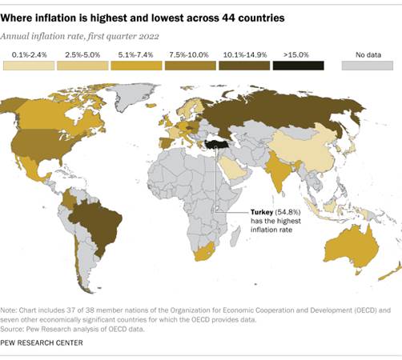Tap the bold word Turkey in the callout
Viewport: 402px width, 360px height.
(241, 211)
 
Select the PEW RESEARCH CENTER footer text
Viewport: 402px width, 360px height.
(42, 342)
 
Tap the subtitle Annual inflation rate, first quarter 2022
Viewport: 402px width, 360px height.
(80, 35)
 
